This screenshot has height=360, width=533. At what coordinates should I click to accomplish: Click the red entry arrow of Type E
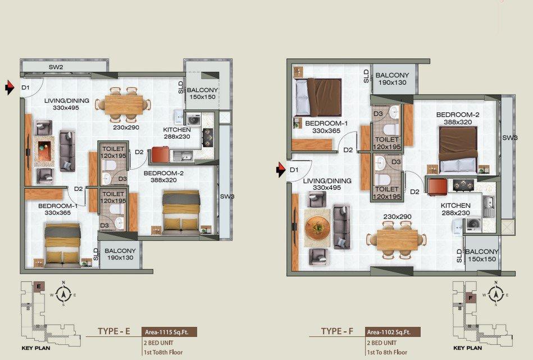click(10, 88)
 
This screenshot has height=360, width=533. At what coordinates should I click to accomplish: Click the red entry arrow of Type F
click(280, 170)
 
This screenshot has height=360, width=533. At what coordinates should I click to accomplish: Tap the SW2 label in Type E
click(56, 67)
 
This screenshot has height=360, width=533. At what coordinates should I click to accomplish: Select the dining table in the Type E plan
click(124, 104)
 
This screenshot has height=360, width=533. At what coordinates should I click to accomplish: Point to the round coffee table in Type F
click(317, 227)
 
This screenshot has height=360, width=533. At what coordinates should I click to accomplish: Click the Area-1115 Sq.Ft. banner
click(169, 332)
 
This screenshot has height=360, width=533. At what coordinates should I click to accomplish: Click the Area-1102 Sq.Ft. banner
click(393, 332)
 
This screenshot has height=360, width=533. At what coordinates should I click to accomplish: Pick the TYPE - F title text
click(337, 331)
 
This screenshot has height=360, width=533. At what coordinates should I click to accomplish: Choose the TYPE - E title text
click(114, 331)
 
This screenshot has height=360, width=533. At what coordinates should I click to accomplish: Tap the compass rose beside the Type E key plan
click(63, 294)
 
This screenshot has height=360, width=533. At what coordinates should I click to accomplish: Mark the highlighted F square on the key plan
click(471, 298)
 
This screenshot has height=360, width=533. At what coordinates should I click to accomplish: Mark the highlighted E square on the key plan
click(39, 286)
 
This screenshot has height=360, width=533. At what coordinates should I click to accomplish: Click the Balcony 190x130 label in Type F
click(392, 79)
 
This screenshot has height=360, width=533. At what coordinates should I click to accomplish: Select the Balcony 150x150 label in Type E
click(202, 93)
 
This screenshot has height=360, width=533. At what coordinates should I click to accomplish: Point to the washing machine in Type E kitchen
click(193, 120)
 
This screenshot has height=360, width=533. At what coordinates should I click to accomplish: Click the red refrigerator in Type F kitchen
click(437, 187)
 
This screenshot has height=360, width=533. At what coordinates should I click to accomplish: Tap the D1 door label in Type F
click(294, 170)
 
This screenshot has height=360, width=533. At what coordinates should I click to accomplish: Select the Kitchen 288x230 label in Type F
click(455, 209)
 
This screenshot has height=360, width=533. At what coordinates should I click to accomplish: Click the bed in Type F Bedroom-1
click(318, 98)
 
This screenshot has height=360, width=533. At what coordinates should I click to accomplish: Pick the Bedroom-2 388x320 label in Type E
click(163, 176)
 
